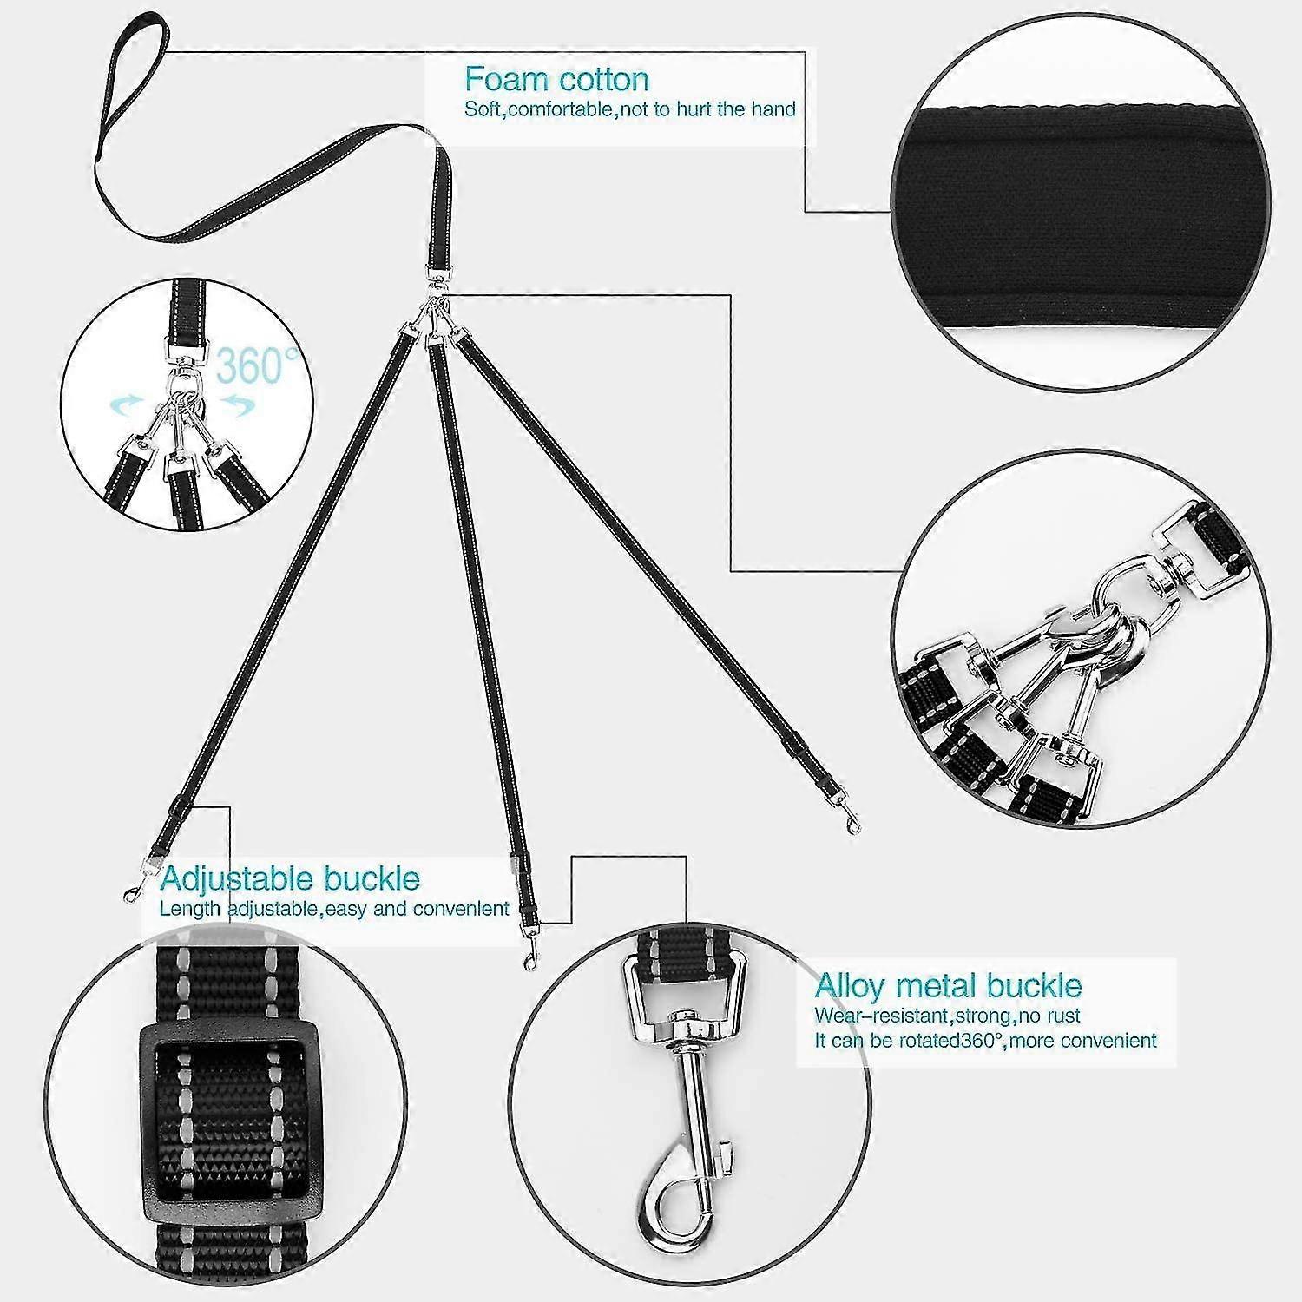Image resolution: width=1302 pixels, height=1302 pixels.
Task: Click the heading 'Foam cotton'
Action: (x=556, y=79)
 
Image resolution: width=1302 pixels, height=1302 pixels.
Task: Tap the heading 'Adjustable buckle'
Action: (x=290, y=878)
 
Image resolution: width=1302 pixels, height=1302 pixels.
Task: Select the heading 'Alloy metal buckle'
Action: (x=948, y=986)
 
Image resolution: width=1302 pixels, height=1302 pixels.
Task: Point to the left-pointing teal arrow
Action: (x=127, y=404)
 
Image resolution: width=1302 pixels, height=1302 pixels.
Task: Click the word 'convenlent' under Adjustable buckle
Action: (x=460, y=909)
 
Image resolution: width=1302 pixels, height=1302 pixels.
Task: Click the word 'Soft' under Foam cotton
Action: (x=482, y=109)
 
